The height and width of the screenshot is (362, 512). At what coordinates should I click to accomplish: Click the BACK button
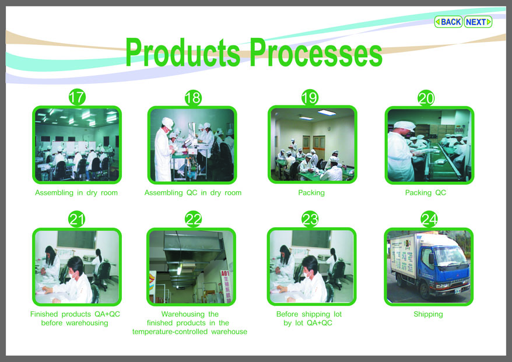[x=448, y=22]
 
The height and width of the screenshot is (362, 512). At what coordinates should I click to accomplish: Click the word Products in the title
[x=183, y=52]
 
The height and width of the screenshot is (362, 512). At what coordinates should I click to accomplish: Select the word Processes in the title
[x=316, y=52]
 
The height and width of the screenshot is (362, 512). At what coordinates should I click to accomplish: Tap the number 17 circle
[x=77, y=97]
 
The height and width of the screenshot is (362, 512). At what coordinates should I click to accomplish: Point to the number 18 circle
[x=193, y=97]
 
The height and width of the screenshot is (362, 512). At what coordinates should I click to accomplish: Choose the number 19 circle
[x=310, y=97]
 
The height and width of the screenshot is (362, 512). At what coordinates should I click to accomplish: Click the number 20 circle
[x=426, y=98]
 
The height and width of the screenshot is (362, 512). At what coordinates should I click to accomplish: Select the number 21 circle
[x=77, y=219]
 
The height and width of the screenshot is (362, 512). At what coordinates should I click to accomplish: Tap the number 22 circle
[x=193, y=219]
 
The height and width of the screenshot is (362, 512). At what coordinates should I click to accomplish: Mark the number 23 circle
[x=310, y=219]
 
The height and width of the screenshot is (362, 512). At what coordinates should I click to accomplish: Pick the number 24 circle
[x=429, y=219]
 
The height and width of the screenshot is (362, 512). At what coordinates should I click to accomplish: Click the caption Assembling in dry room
[x=76, y=192]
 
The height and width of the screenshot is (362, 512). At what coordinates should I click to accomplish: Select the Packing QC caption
[x=426, y=192]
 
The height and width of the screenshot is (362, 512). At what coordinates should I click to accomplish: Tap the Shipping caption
[x=428, y=314]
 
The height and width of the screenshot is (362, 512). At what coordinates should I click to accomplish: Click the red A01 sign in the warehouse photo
[x=226, y=286]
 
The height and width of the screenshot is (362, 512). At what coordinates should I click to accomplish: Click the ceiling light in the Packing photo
[x=327, y=113]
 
